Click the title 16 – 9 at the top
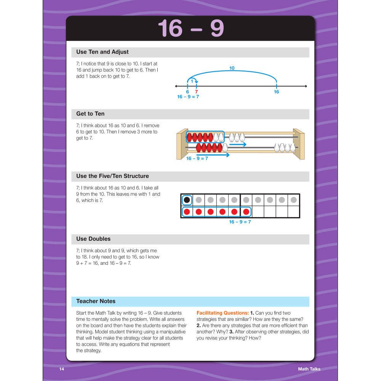point(190,28)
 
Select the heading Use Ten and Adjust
point(102,52)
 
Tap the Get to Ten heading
point(90,114)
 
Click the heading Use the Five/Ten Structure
point(112,176)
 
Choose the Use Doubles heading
point(93,239)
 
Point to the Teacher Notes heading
point(96,301)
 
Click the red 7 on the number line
point(196,92)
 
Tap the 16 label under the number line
point(276,92)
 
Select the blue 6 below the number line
point(187,92)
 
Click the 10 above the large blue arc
point(232,69)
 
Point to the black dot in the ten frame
point(187,200)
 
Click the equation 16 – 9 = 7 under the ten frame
point(240,222)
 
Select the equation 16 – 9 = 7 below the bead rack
point(197,158)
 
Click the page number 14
point(62,369)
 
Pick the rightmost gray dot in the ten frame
point(293,200)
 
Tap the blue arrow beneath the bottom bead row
point(213,155)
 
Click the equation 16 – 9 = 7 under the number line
point(188,97)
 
